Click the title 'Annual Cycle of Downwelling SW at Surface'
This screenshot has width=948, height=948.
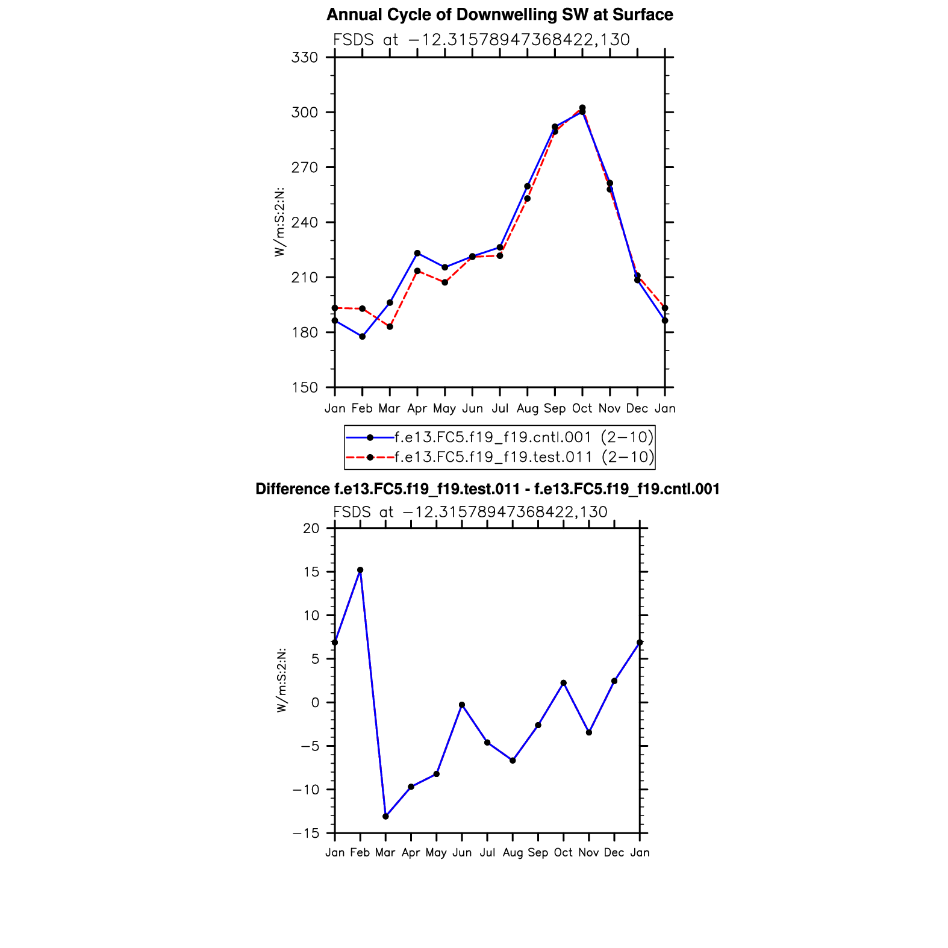coord(499,14)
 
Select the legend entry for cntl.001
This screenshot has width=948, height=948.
coord(523,437)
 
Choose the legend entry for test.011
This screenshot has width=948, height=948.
coord(523,457)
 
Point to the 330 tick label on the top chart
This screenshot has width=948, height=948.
coord(304,58)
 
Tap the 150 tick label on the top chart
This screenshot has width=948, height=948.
coord(304,388)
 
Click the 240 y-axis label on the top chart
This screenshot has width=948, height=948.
coord(304,223)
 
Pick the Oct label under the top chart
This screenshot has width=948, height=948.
coord(582,408)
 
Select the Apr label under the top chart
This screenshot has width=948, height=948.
coord(417,408)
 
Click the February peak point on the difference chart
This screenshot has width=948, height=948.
coord(360,570)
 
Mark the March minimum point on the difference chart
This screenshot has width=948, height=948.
coord(385,817)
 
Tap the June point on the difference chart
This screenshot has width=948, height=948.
coord(462,705)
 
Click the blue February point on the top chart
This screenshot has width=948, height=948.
coord(362,337)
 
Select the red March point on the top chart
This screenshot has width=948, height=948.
coord(390,326)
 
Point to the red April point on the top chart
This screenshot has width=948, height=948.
coord(417,271)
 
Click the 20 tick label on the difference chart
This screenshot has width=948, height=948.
coord(311,528)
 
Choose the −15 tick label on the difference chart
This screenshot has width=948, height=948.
coord(305,834)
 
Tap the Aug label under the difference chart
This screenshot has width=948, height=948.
coord(513,852)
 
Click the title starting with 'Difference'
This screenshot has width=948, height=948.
coord(487,489)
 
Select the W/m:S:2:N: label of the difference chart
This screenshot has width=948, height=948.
coord(281,681)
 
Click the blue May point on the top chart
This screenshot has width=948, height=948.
coord(444,267)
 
